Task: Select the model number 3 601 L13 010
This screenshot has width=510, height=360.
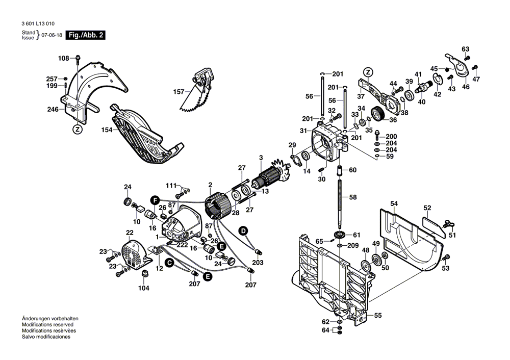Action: coord(38,24)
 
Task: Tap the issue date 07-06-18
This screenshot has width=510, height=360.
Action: coord(52,35)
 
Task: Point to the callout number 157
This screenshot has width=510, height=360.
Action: coord(178,92)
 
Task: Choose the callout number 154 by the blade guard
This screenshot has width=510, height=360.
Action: coord(106,130)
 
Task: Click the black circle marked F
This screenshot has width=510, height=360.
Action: coord(155,199)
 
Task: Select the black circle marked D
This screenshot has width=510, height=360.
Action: coord(243,231)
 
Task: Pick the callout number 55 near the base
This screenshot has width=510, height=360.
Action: coord(377,315)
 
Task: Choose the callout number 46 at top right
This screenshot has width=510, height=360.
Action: coord(466,87)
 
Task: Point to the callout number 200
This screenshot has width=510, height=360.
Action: coord(391,136)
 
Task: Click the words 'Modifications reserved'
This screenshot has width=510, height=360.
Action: coord(47,324)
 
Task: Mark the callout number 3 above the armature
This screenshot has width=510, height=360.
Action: coord(261,157)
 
